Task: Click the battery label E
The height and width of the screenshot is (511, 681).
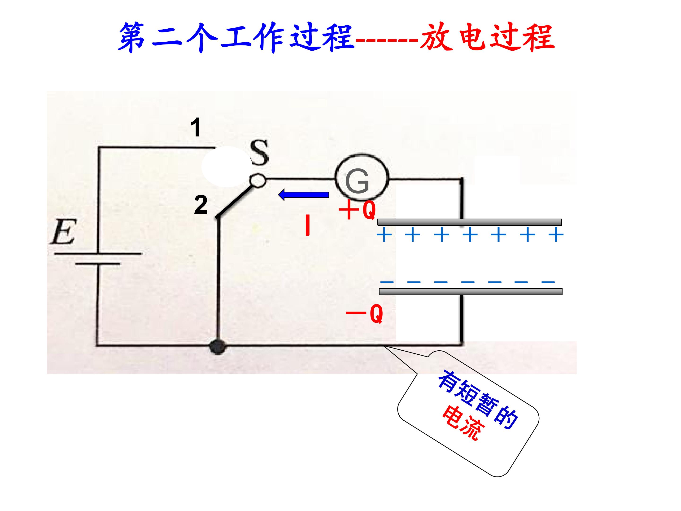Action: (x=63, y=231)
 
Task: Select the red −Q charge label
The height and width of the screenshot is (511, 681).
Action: (x=365, y=313)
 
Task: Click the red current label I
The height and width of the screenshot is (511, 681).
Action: (x=307, y=225)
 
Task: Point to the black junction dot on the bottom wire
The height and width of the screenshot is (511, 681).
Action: (x=218, y=347)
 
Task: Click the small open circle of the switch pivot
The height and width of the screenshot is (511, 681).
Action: (x=258, y=181)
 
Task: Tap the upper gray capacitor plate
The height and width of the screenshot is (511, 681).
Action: (x=470, y=222)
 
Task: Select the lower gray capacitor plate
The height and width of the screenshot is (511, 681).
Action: (x=470, y=292)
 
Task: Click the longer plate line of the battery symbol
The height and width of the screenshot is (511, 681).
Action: (x=98, y=254)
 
